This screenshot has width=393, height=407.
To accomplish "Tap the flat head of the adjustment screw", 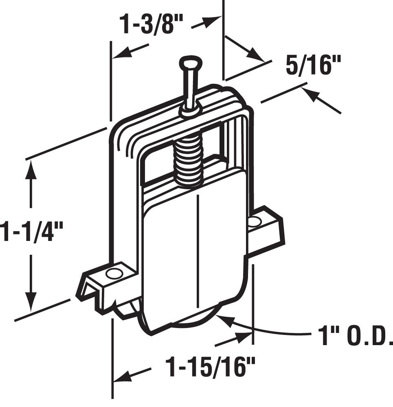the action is (191, 61).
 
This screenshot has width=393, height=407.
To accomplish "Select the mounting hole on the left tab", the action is (114, 274).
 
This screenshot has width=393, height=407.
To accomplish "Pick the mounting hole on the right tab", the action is (254, 221).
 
